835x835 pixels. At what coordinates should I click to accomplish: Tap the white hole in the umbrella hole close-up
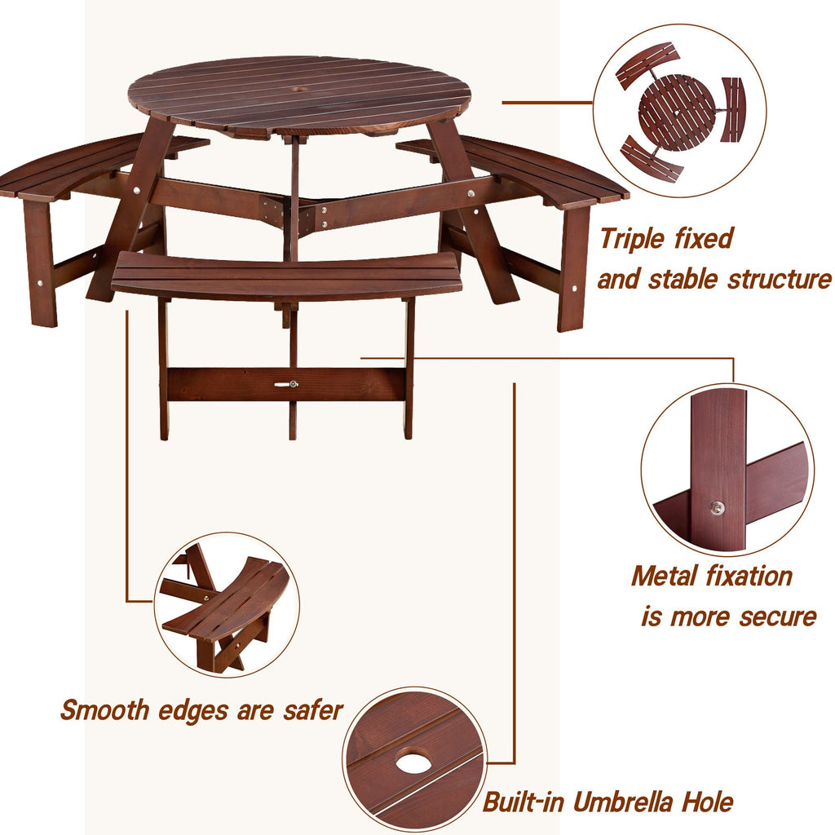pos(415,763)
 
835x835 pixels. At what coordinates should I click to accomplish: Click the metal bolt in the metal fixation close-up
pos(716,509)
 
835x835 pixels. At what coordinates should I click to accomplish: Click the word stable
pos(683,280)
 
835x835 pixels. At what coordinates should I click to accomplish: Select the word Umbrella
pos(625,802)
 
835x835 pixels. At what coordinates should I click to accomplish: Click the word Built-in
pos(523,802)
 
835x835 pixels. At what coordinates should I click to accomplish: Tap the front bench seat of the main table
pos(286,275)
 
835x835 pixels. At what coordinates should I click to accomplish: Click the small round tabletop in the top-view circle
pos(676,112)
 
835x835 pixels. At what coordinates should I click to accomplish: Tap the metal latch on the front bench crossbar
pos(288,384)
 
